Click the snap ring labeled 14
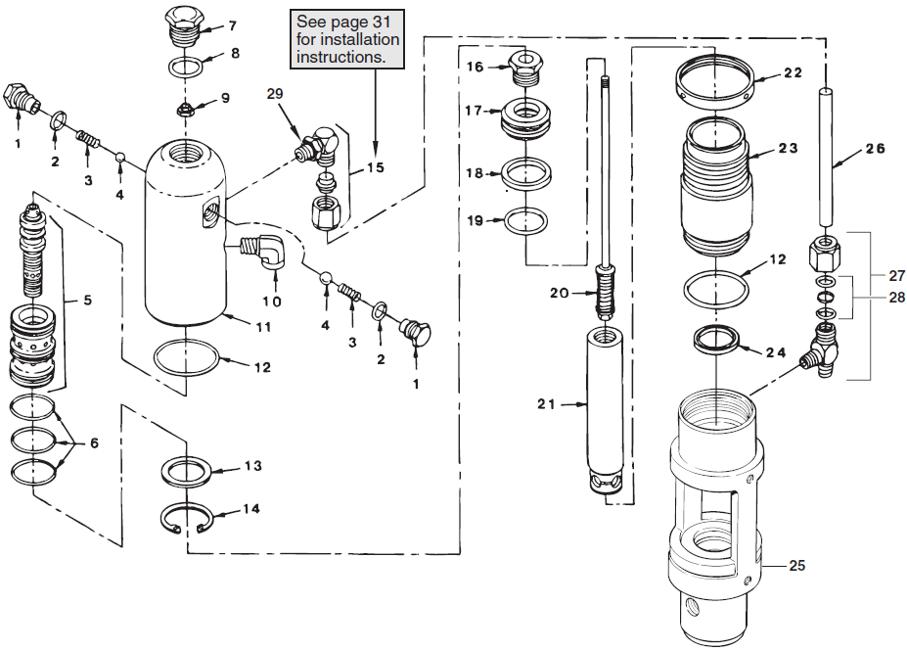pos(188,519)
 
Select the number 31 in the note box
pos(385,23)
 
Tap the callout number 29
pos(275,93)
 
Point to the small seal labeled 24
pos(716,340)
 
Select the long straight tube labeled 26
pos(826,157)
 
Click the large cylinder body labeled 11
pos(185,235)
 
